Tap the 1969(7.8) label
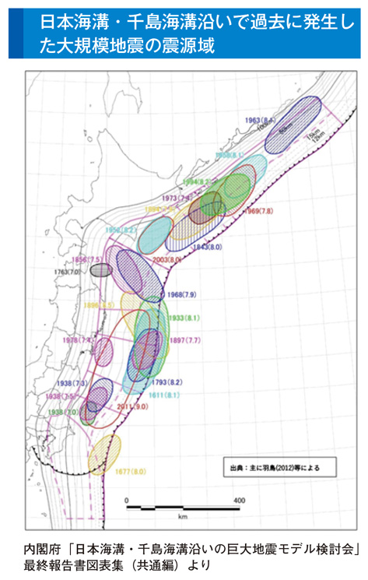[x=259, y=211]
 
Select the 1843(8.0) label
[x=209, y=246]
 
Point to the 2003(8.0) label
[x=166, y=258]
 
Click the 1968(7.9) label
[x=182, y=295]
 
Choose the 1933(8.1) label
[x=184, y=318]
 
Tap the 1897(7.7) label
[x=185, y=341]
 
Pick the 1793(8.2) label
[x=166, y=382]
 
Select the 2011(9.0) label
[x=131, y=406]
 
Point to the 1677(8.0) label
[x=131, y=472]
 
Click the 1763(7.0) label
[x=77, y=272]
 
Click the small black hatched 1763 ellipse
[x=101, y=271]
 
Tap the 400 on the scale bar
[x=239, y=500]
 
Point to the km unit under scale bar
[x=183, y=516]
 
